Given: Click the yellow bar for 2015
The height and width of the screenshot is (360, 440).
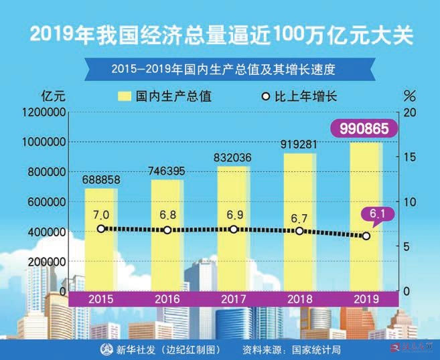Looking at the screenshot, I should [x=100, y=241].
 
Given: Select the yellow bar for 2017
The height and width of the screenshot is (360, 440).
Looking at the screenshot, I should [x=233, y=228].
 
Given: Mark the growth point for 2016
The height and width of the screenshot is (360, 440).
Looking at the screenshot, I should [x=167, y=230].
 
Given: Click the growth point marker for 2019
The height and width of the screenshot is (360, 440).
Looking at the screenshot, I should [x=366, y=236].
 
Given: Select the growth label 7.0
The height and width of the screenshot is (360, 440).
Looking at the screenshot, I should [x=101, y=215].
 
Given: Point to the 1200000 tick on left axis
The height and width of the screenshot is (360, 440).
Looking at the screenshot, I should [x=44, y=112].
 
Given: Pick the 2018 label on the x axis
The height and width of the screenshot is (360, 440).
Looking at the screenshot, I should [x=299, y=299].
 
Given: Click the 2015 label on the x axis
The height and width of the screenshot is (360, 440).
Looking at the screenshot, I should [x=100, y=299].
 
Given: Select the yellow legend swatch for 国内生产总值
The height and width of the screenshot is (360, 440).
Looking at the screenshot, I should [x=125, y=95].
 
